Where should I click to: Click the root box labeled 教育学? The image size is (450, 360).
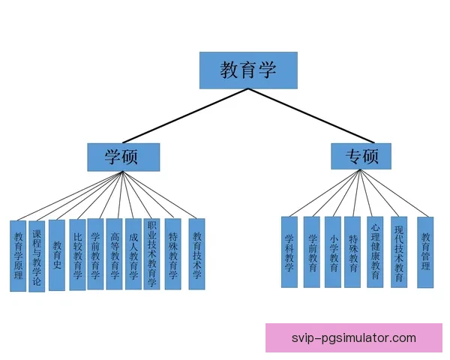click(248, 70)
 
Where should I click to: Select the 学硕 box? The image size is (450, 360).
click(123, 156)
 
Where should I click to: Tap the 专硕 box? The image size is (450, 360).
click(361, 156)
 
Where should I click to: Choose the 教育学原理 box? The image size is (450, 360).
click(18, 256)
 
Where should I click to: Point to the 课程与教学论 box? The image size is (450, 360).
click(37, 255)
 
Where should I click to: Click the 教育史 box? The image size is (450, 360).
click(56, 255)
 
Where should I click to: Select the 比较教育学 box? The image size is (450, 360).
click(77, 254)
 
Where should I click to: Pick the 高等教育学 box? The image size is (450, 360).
click(114, 254)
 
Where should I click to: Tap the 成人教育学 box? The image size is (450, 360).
click(133, 254)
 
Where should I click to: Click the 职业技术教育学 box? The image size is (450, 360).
click(151, 254)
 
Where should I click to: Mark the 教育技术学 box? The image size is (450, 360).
click(196, 254)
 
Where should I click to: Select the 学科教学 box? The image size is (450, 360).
click(289, 252)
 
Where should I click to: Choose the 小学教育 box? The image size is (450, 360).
click(332, 252)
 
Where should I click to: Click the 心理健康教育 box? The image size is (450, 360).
click(375, 252)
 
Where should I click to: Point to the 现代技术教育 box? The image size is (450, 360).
click(398, 252)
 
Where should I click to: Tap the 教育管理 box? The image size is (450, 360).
click(425, 252)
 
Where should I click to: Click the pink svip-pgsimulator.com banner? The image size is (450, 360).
click(353, 336)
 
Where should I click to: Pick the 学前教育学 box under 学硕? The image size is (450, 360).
click(95, 254)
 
